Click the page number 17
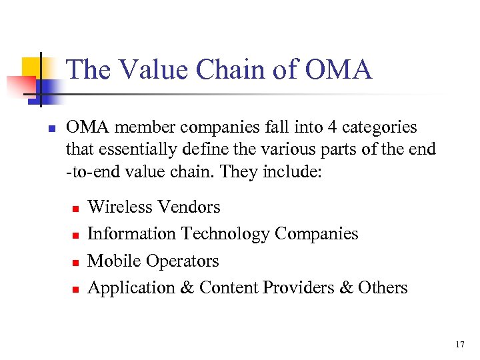click(x=459, y=345)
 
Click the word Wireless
click(x=120, y=207)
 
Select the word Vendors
click(x=189, y=207)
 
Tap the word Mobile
click(x=111, y=261)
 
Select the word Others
click(x=383, y=287)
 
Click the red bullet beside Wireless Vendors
click(x=75, y=209)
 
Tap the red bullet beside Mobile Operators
click(x=75, y=262)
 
